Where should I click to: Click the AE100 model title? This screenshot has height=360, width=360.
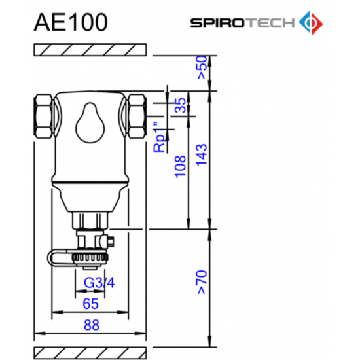click(x=71, y=21)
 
